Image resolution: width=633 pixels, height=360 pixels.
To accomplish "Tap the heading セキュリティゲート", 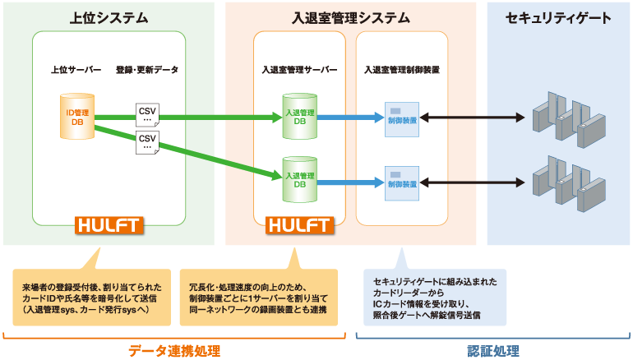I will tap(558, 17).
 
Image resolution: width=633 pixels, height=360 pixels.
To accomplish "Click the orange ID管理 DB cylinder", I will tap(81, 117).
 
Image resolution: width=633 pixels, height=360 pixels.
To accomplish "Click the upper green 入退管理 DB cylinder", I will tap(299, 118).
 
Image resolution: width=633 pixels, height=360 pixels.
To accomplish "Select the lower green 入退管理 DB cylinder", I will tap(299, 177).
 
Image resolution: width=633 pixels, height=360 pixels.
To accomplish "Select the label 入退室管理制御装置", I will tap(401, 70).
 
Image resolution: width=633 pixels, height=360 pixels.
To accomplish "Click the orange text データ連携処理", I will tap(174, 351).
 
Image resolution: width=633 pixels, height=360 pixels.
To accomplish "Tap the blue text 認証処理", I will tap(493, 351).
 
